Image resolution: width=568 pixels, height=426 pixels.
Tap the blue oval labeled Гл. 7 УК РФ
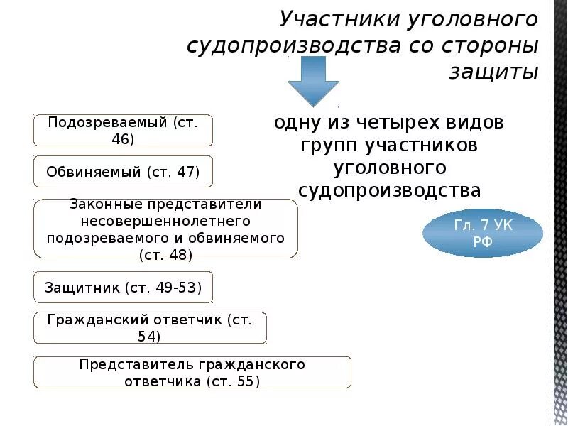pos(483,232)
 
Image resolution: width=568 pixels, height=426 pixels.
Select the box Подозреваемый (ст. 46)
pos(123,130)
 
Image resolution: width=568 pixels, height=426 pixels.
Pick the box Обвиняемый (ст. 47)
pos(123,172)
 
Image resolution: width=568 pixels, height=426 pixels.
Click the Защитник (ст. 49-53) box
pos(123,288)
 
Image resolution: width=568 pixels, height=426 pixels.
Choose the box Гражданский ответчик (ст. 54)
pos(150,327)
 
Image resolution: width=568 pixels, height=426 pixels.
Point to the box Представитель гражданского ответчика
pos(192,372)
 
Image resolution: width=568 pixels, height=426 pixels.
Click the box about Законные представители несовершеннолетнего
pos(165,229)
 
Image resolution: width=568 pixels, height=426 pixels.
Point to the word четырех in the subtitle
pos(380,122)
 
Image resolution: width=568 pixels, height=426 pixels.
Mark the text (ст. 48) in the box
pos(165,253)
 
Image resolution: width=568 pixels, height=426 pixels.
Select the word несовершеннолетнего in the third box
pos(165,220)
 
